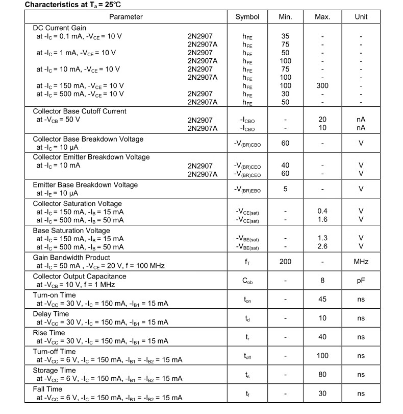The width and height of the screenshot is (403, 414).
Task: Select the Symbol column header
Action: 247,17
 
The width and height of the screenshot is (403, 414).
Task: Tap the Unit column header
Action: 361,17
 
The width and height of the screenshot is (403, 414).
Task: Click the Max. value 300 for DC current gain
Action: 322,85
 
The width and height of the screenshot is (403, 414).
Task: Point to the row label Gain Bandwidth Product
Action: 71,258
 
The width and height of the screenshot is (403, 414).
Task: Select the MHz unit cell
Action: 361,262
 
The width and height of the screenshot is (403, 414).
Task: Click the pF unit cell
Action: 361,281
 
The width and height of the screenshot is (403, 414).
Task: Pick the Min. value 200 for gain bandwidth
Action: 286,262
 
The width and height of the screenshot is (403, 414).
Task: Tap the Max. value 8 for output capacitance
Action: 322,281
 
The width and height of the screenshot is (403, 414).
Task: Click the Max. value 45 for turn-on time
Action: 322,300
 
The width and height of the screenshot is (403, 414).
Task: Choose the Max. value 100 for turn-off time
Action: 322,356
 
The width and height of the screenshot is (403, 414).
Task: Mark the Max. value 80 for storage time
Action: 322,375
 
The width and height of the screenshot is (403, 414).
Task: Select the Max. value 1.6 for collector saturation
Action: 322,219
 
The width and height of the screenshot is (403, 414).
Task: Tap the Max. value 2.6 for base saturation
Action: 322,246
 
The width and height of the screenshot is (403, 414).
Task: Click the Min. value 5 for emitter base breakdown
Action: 286,189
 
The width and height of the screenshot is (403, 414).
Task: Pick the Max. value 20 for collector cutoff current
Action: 322,120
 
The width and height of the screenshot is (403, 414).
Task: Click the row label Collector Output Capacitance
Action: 80,277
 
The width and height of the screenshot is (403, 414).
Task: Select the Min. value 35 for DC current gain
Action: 286,36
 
